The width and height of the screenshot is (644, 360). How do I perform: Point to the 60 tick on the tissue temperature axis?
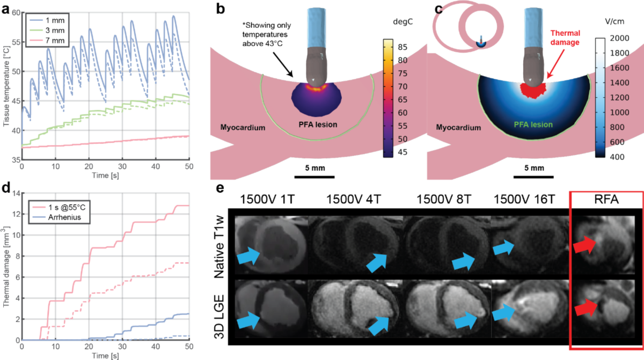[x=14, y=12]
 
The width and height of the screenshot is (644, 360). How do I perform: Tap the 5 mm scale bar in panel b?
[x=314, y=175]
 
